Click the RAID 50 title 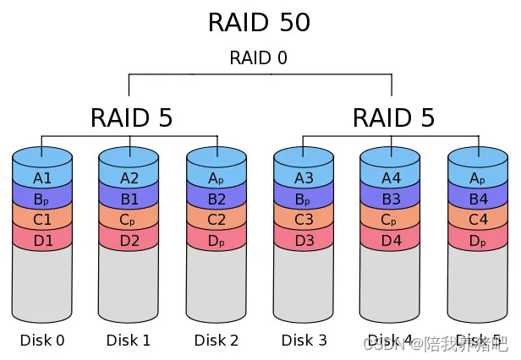click(259, 23)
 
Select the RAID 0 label click(259, 58)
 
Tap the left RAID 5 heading click(131, 118)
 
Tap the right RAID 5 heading click(393, 118)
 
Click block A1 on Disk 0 click(42, 178)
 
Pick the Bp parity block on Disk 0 click(42, 200)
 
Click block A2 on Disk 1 click(129, 178)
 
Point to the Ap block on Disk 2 click(217, 178)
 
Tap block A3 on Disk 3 click(304, 178)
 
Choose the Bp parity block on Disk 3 click(304, 200)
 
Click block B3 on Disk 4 click(391, 200)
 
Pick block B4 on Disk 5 click(478, 200)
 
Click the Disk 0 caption click(42, 341)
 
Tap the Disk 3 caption click(304, 341)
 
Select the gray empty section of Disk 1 click(129, 283)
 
